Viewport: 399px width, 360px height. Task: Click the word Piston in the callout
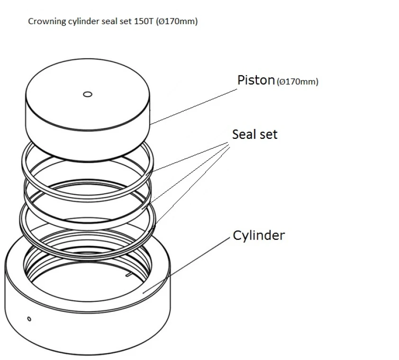[x=256, y=80]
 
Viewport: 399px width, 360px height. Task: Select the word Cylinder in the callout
[x=259, y=235]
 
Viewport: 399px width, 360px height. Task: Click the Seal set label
[x=254, y=135]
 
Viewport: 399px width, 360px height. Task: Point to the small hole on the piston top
[x=87, y=94]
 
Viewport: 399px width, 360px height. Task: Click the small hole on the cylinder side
[x=29, y=318]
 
